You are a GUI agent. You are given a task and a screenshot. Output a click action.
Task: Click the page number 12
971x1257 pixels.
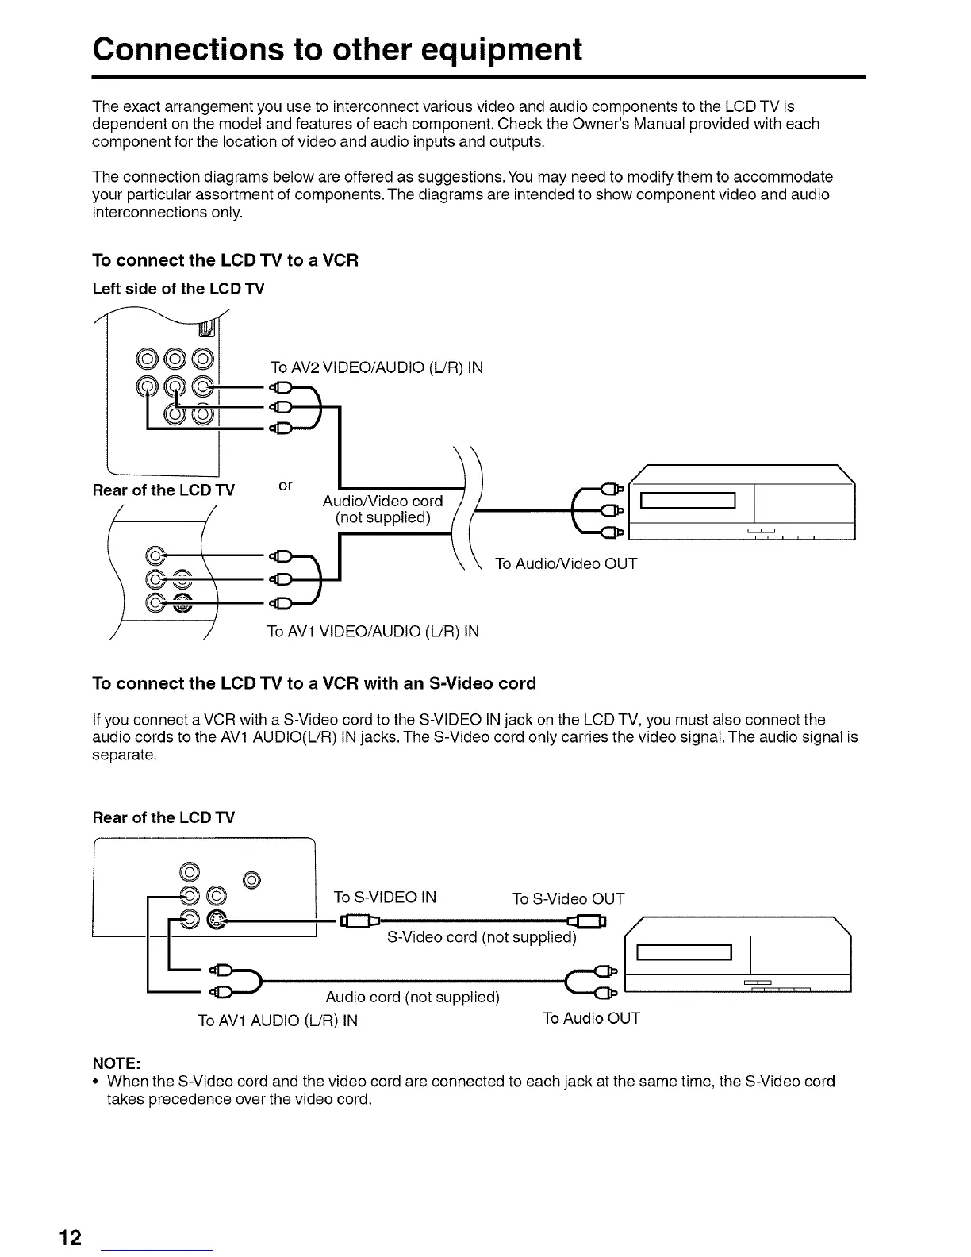tap(70, 1237)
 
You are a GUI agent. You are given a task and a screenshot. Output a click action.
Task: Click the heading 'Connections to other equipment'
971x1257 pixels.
tap(337, 49)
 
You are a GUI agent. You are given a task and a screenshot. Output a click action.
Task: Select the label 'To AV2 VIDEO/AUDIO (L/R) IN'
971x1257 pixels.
tap(376, 367)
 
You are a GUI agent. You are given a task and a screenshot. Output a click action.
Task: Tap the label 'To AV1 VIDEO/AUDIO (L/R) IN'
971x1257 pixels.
tap(373, 632)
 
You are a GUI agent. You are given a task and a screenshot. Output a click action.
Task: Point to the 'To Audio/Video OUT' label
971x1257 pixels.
tap(566, 564)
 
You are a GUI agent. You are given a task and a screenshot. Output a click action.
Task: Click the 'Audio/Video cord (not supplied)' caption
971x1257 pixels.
tap(382, 509)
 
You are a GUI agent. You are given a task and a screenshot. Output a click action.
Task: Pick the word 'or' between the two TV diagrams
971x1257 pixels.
tap(286, 485)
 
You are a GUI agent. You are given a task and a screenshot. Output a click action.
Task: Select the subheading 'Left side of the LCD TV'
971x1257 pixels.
tap(178, 289)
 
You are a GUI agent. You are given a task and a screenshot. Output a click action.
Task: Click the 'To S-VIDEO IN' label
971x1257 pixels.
tap(385, 898)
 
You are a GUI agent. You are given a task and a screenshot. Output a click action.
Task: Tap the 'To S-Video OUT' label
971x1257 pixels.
tap(568, 898)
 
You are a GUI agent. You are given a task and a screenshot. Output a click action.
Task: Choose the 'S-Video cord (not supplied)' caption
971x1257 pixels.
tap(481, 937)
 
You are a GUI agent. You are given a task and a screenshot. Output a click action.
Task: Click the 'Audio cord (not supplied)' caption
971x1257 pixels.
tap(413, 997)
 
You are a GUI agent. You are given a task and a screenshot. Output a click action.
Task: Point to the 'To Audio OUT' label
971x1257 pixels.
tap(591, 1018)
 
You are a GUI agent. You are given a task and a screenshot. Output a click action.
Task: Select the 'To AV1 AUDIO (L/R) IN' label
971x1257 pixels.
tap(278, 1021)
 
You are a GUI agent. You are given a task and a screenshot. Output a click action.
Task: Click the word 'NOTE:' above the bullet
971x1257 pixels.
tap(117, 1063)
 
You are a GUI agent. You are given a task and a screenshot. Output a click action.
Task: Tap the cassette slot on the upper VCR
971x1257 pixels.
tap(689, 501)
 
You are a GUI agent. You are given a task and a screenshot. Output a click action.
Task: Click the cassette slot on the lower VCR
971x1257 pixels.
tap(684, 952)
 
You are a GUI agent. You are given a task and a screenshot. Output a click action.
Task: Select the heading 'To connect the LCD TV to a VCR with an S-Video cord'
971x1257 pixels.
tap(314, 683)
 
